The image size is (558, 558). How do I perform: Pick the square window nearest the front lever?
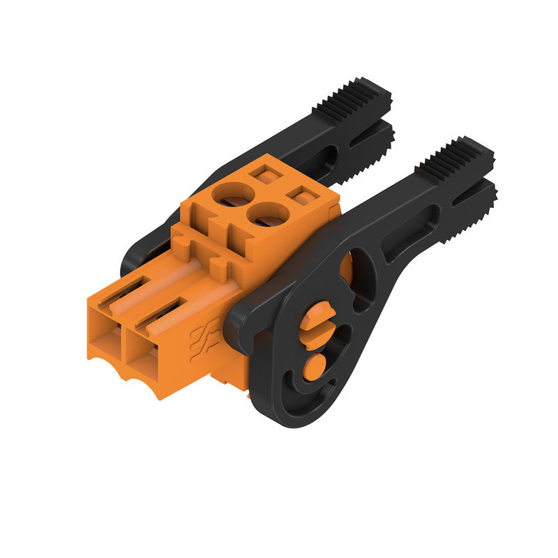click(301, 196)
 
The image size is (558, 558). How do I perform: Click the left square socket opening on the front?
click(106, 347)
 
